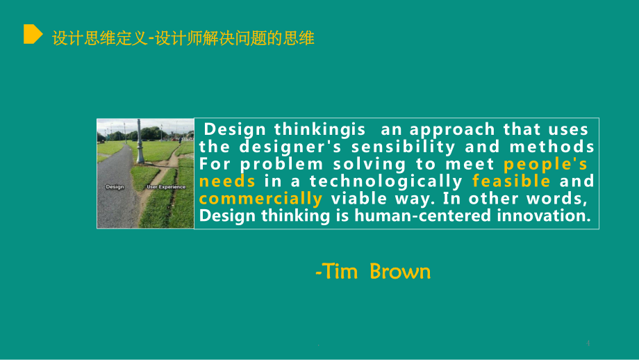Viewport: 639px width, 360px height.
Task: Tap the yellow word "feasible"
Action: pos(511,181)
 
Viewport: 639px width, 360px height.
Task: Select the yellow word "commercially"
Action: pos(261,199)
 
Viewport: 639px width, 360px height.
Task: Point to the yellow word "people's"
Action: pos(545,164)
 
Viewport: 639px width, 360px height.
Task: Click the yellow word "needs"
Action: pos(227,181)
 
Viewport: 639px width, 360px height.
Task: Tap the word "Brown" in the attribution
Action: pos(400,272)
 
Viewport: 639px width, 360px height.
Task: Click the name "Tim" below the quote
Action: pos(340,272)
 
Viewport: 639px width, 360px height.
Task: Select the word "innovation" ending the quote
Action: pos(544,215)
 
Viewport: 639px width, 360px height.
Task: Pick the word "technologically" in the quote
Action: pos(386,181)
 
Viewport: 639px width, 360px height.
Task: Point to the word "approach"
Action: pos(452,130)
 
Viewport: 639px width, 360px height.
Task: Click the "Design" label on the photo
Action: pos(115,187)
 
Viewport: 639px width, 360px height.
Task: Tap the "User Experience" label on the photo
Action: pos(166,187)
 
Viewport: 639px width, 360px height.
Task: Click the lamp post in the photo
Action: pos(140,141)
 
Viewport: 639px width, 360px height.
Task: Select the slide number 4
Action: pos(588,343)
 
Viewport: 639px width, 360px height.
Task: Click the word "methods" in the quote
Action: pos(551,147)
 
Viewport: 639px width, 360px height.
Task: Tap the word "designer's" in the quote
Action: pos(290,147)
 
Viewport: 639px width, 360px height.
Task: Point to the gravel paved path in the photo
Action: pos(116,192)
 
